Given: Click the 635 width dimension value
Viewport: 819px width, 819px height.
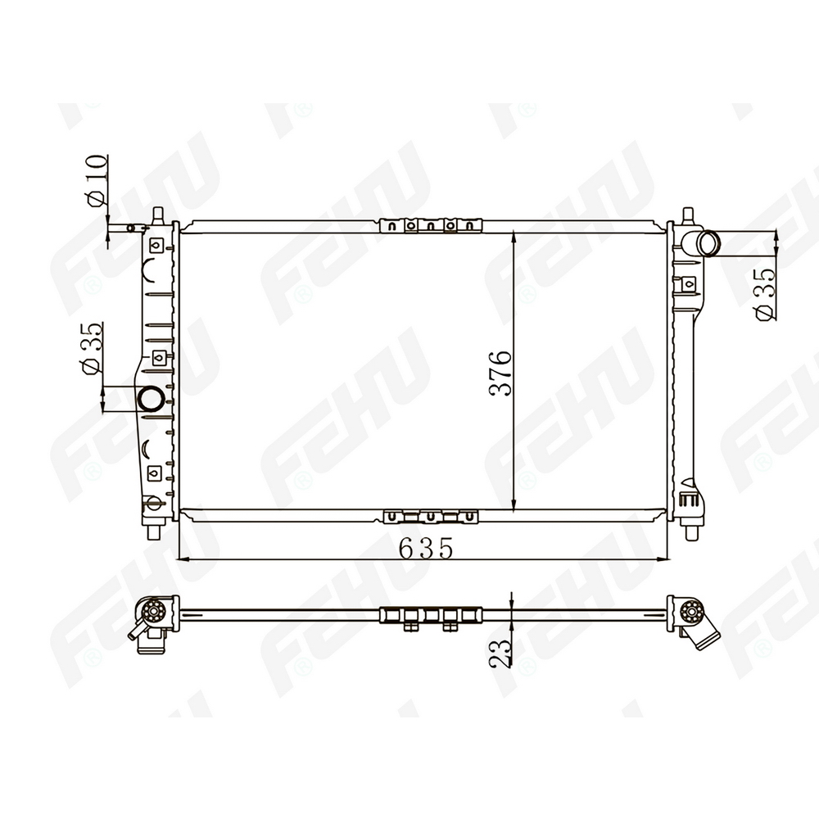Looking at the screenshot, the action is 425,548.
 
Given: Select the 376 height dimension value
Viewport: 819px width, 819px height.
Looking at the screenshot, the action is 500,373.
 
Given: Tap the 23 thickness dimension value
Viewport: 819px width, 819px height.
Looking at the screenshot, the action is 500,652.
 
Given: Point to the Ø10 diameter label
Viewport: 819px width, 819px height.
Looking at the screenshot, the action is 97,180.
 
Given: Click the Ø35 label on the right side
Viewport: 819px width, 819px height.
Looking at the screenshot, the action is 765,293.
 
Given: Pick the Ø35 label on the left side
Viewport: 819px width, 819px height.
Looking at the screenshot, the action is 92,348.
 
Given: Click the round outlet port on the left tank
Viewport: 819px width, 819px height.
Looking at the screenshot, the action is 151,400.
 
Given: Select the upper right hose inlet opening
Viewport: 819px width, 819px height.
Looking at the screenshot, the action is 709,243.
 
